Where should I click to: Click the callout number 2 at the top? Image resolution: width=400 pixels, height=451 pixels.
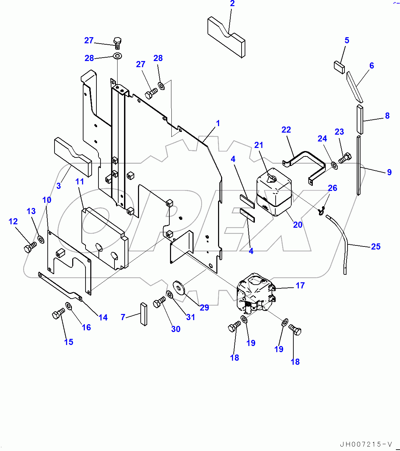click(232, 4)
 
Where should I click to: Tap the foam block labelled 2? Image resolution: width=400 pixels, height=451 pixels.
click(226, 36)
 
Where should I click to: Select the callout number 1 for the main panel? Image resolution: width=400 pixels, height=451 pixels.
click(218, 123)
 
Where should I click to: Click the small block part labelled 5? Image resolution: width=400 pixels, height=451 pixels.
click(339, 67)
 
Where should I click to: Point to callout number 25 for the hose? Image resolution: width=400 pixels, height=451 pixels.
click(376, 246)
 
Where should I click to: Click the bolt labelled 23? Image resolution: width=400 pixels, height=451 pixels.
click(345, 158)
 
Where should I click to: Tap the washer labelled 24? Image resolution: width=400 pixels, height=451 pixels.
click(334, 166)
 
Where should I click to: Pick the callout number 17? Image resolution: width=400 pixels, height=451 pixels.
click(300, 285)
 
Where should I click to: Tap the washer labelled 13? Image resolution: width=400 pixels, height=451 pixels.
click(41, 239)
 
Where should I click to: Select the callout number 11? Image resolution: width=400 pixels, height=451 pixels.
click(80, 181)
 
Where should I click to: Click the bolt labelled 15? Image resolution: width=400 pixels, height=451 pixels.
click(58, 313)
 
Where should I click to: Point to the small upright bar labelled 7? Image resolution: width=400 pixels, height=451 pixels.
click(143, 314)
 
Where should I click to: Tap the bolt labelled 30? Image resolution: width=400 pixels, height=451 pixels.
click(159, 302)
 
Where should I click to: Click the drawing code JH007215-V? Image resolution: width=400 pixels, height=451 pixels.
click(366, 444)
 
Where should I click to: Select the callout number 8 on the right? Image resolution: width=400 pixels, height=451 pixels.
click(387, 116)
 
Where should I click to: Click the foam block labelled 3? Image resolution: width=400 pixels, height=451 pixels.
click(73, 157)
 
